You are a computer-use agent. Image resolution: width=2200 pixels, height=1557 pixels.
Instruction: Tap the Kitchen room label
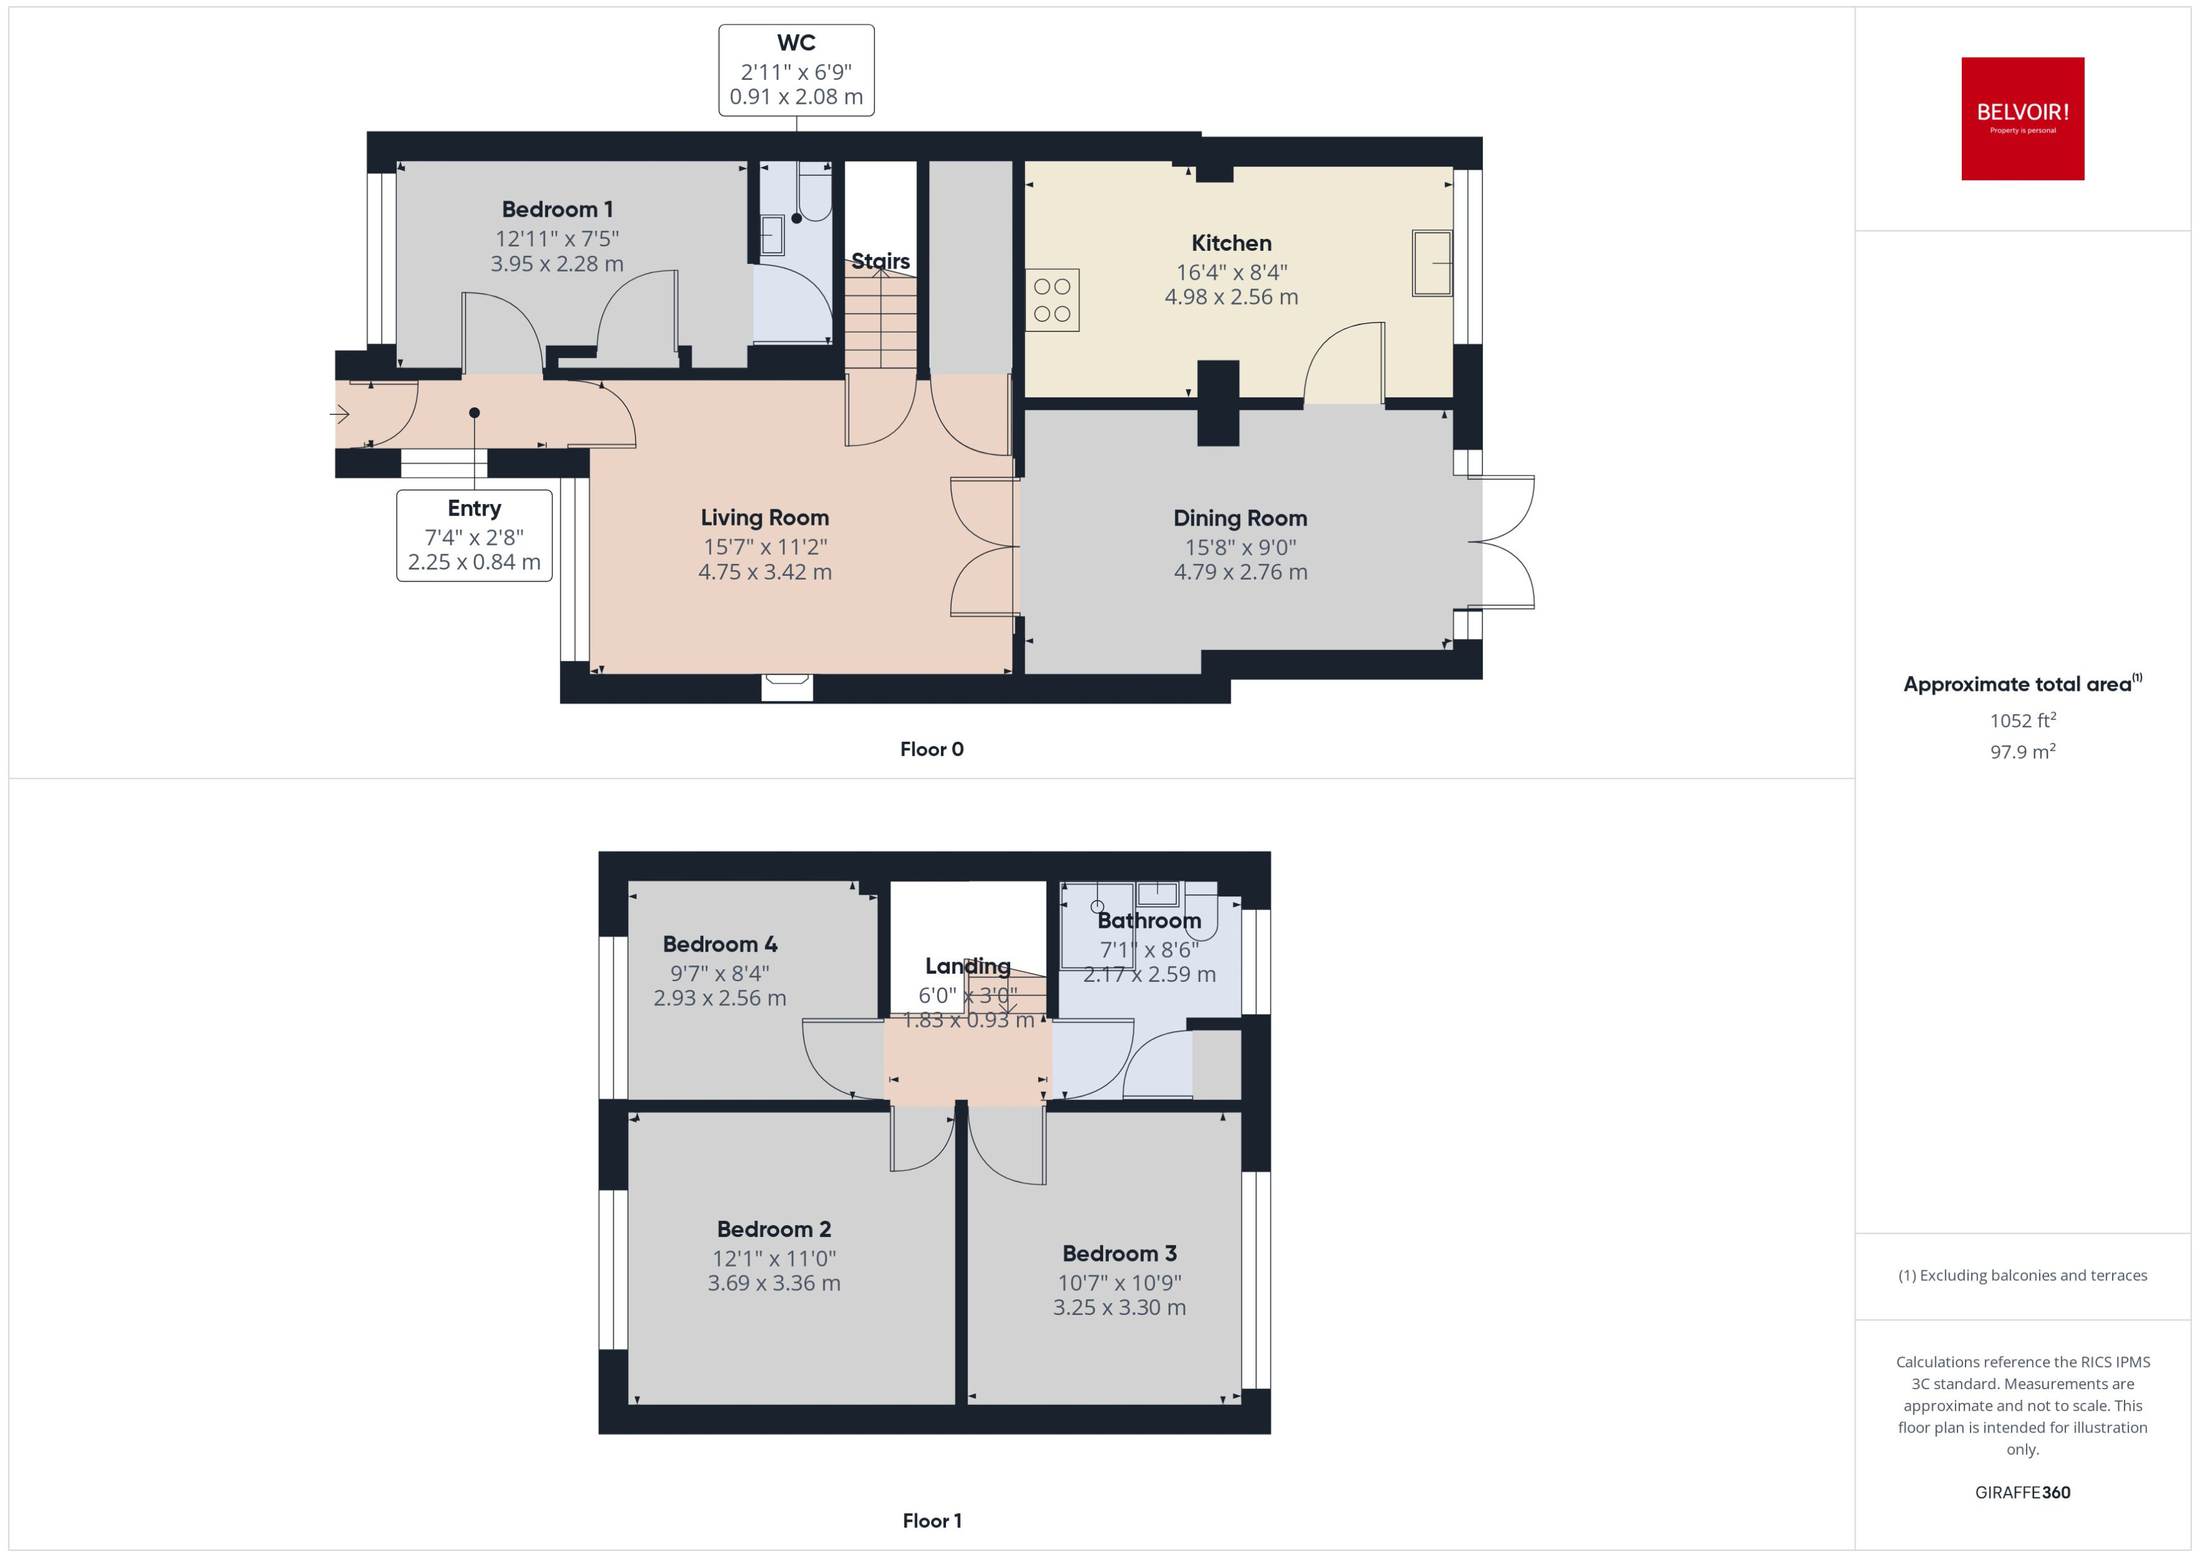[1231, 243]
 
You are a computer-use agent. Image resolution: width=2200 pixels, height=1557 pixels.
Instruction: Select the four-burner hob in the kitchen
[1052, 300]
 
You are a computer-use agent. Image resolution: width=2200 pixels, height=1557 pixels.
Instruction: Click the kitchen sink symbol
[1431, 263]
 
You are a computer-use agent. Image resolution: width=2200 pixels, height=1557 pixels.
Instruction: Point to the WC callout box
[796, 70]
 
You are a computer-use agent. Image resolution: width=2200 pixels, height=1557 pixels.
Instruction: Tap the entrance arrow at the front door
[339, 414]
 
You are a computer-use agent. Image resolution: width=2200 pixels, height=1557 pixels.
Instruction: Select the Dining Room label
[1240, 519]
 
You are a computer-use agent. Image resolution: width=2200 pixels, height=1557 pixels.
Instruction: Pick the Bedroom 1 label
[557, 209]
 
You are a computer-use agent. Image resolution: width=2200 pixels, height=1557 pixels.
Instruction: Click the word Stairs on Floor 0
[880, 261]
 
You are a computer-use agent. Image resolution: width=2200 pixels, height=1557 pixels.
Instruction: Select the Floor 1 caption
[931, 1521]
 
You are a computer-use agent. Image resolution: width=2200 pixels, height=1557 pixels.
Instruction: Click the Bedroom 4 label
[720, 944]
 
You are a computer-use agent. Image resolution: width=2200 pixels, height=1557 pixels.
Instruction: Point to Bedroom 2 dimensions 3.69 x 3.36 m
[774, 1284]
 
